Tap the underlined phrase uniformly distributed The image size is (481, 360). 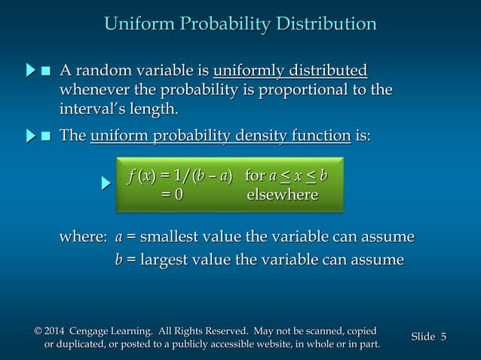coord(290,72)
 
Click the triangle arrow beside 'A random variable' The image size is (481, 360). coord(30,72)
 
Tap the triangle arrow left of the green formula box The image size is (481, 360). coord(107,182)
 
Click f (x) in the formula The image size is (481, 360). coord(140,176)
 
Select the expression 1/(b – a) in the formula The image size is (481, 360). coord(205,176)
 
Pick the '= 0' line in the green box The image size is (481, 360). coord(171,195)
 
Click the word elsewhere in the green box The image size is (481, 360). coord(283,195)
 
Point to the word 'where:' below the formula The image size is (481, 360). coord(83,237)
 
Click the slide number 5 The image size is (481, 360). coord(443,337)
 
